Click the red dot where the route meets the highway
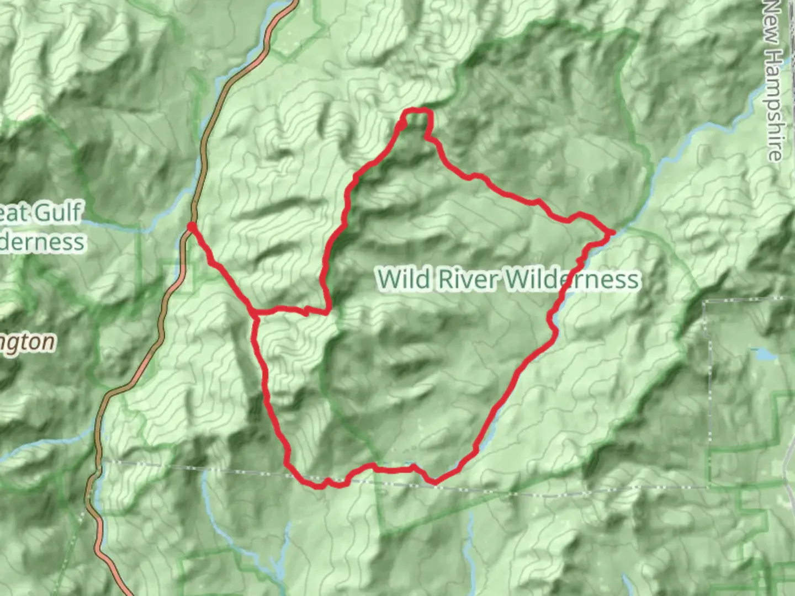click(x=191, y=227)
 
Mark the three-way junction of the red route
click(x=255, y=315)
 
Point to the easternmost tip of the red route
click(x=612, y=233)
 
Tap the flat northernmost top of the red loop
click(x=417, y=111)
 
